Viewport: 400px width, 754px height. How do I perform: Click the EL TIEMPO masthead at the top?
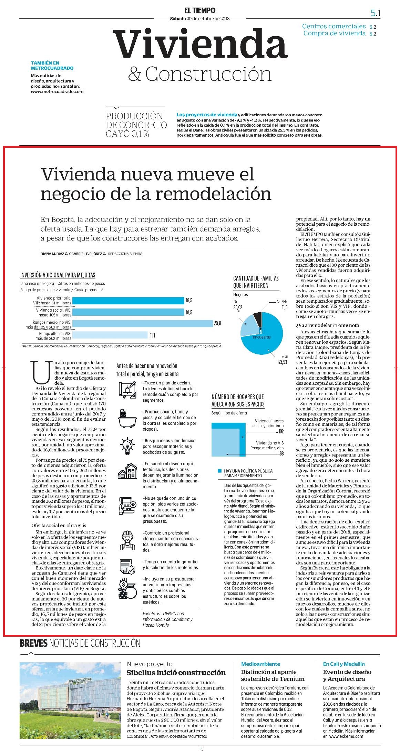pos(200,11)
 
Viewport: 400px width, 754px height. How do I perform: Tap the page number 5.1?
pos(375,13)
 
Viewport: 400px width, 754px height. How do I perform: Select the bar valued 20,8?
pos(143,323)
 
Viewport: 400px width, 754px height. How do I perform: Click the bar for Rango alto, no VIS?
pos(110,335)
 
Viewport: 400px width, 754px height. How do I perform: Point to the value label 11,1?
pos(153,335)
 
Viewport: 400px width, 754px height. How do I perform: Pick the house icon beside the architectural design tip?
pos(127,471)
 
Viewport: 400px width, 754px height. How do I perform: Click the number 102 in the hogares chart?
pos(281,432)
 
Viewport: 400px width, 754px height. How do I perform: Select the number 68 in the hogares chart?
pos(281,453)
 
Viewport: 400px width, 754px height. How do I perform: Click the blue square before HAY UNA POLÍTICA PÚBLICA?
pos(219,471)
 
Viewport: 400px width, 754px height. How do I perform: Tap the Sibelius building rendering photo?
pos(70,701)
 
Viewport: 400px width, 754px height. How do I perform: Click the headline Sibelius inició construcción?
pos(176,672)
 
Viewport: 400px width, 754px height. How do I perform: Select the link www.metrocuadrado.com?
pos(57,92)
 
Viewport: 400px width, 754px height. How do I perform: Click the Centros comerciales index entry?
pos(334,26)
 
